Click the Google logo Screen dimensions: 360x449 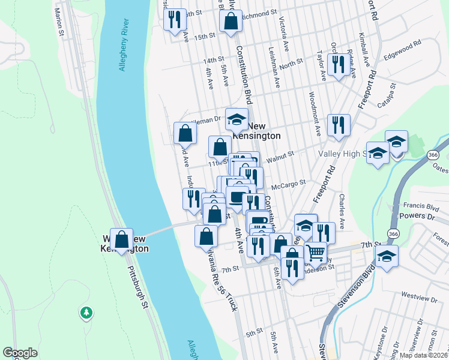[x=20, y=353]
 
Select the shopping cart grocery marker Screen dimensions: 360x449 [x=316, y=252]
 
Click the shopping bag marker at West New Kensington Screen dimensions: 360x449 [x=122, y=239]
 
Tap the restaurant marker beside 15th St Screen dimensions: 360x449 [x=174, y=19]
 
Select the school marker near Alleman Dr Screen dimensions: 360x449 [x=237, y=118]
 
